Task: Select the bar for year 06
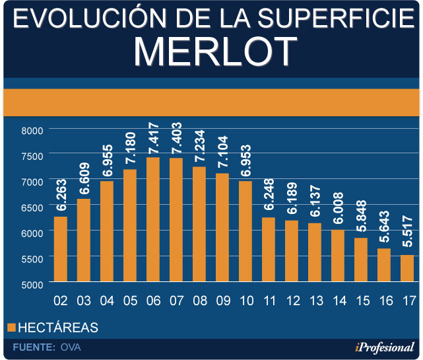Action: [x=153, y=220]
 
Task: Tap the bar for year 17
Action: [x=407, y=269]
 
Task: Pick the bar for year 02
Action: [x=61, y=249]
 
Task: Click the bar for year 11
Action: [x=269, y=250]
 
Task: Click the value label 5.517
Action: [x=407, y=234]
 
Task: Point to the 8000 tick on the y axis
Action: [x=30, y=130]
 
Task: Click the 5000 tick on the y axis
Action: [x=30, y=284]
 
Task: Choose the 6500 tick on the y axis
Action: [x=30, y=207]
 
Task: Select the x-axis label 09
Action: [x=222, y=301]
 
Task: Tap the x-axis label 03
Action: [x=84, y=301]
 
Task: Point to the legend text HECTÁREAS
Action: [x=58, y=327]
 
